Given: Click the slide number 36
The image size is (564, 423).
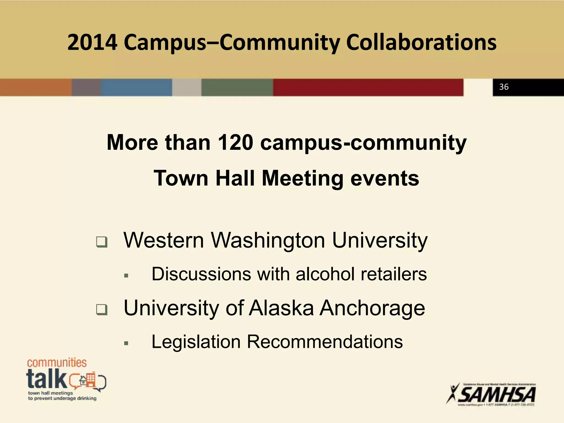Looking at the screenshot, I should tap(504, 87).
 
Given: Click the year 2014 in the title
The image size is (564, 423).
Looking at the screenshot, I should tap(92, 43).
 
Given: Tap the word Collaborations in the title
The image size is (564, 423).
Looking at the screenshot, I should tap(421, 43).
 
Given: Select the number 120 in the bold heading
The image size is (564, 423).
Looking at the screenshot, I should tap(235, 143).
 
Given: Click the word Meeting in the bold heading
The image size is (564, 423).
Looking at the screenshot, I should tap(302, 178).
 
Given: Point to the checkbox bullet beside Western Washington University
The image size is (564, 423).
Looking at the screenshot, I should tap(102, 242).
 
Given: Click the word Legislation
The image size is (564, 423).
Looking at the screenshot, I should tap(196, 342).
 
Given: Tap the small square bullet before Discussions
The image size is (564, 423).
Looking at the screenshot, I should tap(126, 276).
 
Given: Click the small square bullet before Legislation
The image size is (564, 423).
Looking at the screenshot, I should tap(126, 343).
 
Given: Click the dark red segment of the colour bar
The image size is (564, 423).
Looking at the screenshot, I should tap(368, 87).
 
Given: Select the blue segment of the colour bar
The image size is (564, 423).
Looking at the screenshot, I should tap(136, 87).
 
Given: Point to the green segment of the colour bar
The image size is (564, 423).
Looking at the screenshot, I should tap(237, 87).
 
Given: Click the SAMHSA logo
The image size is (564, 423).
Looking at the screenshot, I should tap(492, 394).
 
